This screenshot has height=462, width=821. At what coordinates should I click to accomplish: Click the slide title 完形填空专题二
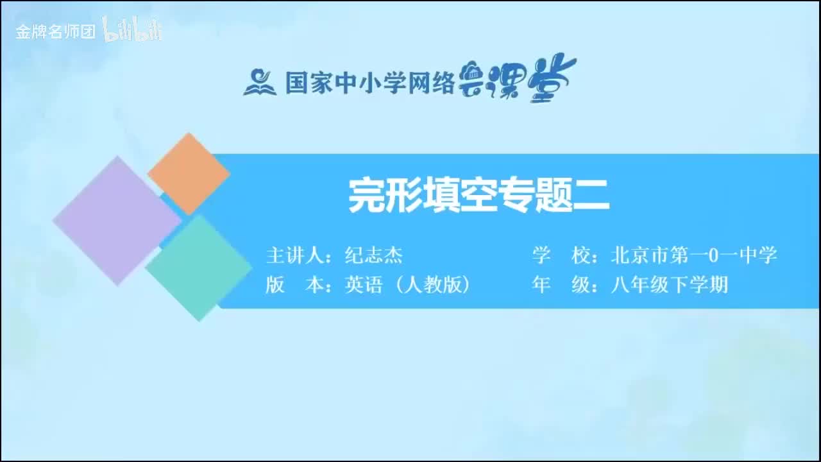478,195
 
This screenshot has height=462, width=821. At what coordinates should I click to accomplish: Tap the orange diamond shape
189,173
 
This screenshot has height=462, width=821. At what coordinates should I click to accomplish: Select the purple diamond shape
117,220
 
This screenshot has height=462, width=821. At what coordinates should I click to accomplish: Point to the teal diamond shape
199,268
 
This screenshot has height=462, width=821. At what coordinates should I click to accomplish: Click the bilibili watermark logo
132,30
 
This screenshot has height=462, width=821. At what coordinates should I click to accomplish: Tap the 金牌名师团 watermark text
56,31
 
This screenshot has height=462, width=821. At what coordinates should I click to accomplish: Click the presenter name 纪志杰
374,256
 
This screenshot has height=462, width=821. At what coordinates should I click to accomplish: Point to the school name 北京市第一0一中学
694,255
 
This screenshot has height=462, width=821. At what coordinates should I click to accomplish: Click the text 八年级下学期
670,285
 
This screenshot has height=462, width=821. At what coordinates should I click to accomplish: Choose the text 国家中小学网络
370,83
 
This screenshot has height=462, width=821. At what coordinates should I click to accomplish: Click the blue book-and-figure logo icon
259,82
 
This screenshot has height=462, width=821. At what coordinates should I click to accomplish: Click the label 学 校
561,255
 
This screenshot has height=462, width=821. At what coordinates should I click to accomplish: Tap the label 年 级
561,285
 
